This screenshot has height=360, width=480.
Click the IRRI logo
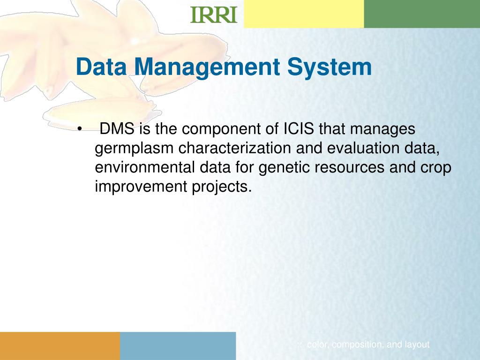[x=213, y=15]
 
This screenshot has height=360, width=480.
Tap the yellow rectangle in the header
[x=304, y=14]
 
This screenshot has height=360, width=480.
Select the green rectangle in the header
[x=422, y=14]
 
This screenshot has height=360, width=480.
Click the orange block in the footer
[x=60, y=346]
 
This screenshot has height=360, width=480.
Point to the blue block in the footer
[x=178, y=346]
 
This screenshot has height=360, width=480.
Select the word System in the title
[x=330, y=67]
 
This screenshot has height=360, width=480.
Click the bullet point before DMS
[x=80, y=129]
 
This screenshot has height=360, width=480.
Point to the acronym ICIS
[x=300, y=128]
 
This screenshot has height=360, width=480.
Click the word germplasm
[x=134, y=149]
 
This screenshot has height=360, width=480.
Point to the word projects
[x=221, y=187]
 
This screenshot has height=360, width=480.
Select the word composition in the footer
[x=358, y=345]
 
